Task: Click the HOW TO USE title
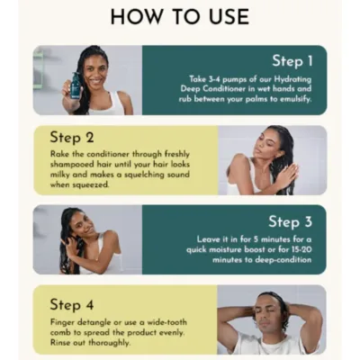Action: [x=179, y=16]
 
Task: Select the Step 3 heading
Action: [x=290, y=221]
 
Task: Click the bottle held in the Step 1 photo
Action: [x=76, y=87]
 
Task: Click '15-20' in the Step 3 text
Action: [x=301, y=249]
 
